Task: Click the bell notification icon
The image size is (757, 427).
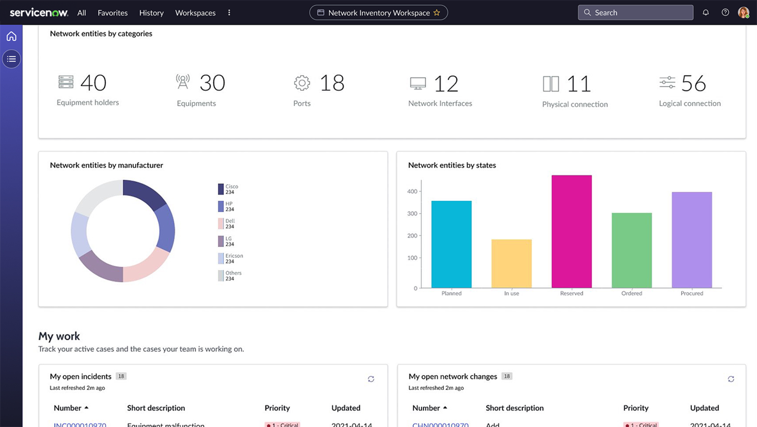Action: [705, 12]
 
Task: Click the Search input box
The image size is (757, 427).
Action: [635, 12]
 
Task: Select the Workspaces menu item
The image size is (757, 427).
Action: [195, 12]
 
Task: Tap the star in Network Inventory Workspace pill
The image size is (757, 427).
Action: [437, 12]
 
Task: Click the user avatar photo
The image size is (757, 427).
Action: [743, 12]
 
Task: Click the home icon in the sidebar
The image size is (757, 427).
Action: [11, 36]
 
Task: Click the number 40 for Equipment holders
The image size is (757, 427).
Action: [93, 82]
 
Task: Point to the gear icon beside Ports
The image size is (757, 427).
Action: [302, 82]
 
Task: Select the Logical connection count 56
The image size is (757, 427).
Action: [693, 83]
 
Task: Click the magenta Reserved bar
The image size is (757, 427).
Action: [571, 231]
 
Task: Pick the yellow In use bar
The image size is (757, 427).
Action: [511, 263]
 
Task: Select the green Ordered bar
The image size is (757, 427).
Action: [631, 250]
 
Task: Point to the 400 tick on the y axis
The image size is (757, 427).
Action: [412, 191]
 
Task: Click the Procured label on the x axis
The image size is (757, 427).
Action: [691, 294]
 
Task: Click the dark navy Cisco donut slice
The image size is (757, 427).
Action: [145, 193]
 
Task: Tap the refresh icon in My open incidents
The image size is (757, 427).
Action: [371, 379]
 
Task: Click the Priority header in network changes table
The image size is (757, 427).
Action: [635, 408]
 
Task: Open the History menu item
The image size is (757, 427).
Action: [151, 12]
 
